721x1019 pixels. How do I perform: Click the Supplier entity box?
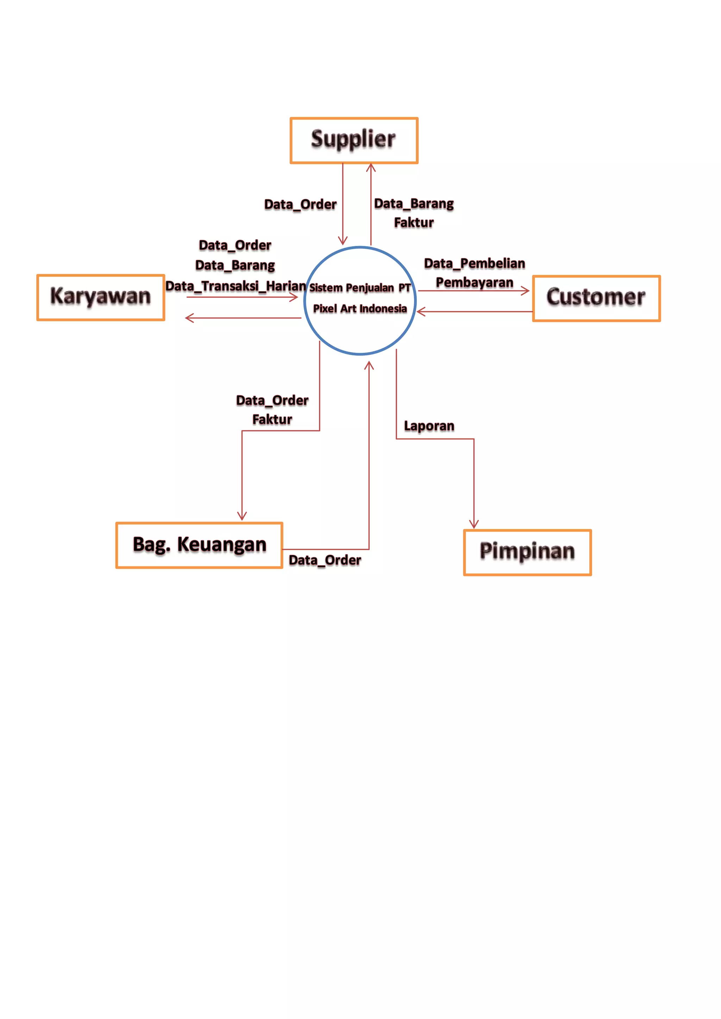[354, 140]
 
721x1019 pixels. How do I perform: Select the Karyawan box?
[101, 297]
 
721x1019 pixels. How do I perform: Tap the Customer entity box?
[596, 298]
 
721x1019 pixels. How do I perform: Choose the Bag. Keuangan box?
[199, 545]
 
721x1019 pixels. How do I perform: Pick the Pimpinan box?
[527, 552]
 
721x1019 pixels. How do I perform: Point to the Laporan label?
[429, 426]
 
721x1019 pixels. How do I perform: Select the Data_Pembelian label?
[474, 264]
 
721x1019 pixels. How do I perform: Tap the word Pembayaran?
[474, 283]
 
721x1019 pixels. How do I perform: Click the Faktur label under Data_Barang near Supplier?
[414, 223]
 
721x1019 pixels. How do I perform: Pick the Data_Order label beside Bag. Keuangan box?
[325, 561]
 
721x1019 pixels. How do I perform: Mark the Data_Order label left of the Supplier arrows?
[300, 204]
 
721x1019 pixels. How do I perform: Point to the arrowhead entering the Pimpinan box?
[474, 525]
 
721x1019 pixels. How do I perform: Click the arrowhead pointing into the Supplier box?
[371, 167]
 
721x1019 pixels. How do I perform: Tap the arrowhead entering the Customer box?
[526, 291]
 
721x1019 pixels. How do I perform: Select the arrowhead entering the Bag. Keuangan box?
[242, 517]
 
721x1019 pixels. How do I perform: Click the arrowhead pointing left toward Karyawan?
[189, 318]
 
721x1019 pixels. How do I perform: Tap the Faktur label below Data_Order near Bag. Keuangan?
[272, 419]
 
